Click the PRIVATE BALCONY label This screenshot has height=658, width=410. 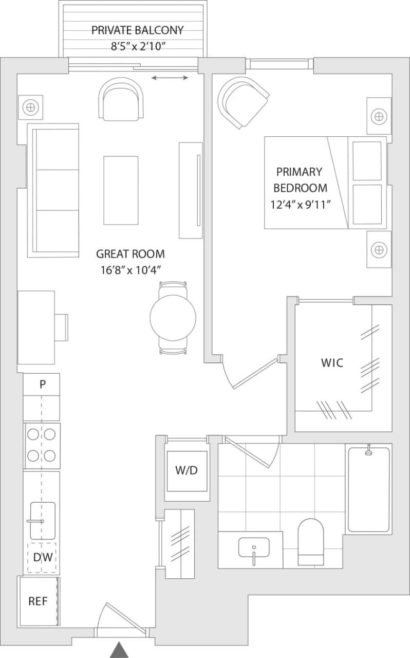(137, 30)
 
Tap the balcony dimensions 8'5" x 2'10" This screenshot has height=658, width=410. (137, 46)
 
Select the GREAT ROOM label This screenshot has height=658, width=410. (131, 253)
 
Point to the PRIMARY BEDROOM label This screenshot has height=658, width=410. (300, 179)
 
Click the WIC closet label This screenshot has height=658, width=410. (332, 362)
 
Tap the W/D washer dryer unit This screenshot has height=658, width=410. (186, 470)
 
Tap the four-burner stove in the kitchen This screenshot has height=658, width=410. (42, 445)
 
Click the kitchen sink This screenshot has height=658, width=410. (43, 521)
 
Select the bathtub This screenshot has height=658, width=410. (368, 489)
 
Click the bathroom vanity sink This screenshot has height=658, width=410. (254, 548)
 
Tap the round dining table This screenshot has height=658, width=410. (173, 317)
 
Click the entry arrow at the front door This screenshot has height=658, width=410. (120, 650)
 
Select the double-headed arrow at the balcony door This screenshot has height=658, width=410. (171, 78)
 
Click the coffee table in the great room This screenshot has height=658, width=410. (121, 190)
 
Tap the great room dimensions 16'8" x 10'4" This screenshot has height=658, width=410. (131, 269)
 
